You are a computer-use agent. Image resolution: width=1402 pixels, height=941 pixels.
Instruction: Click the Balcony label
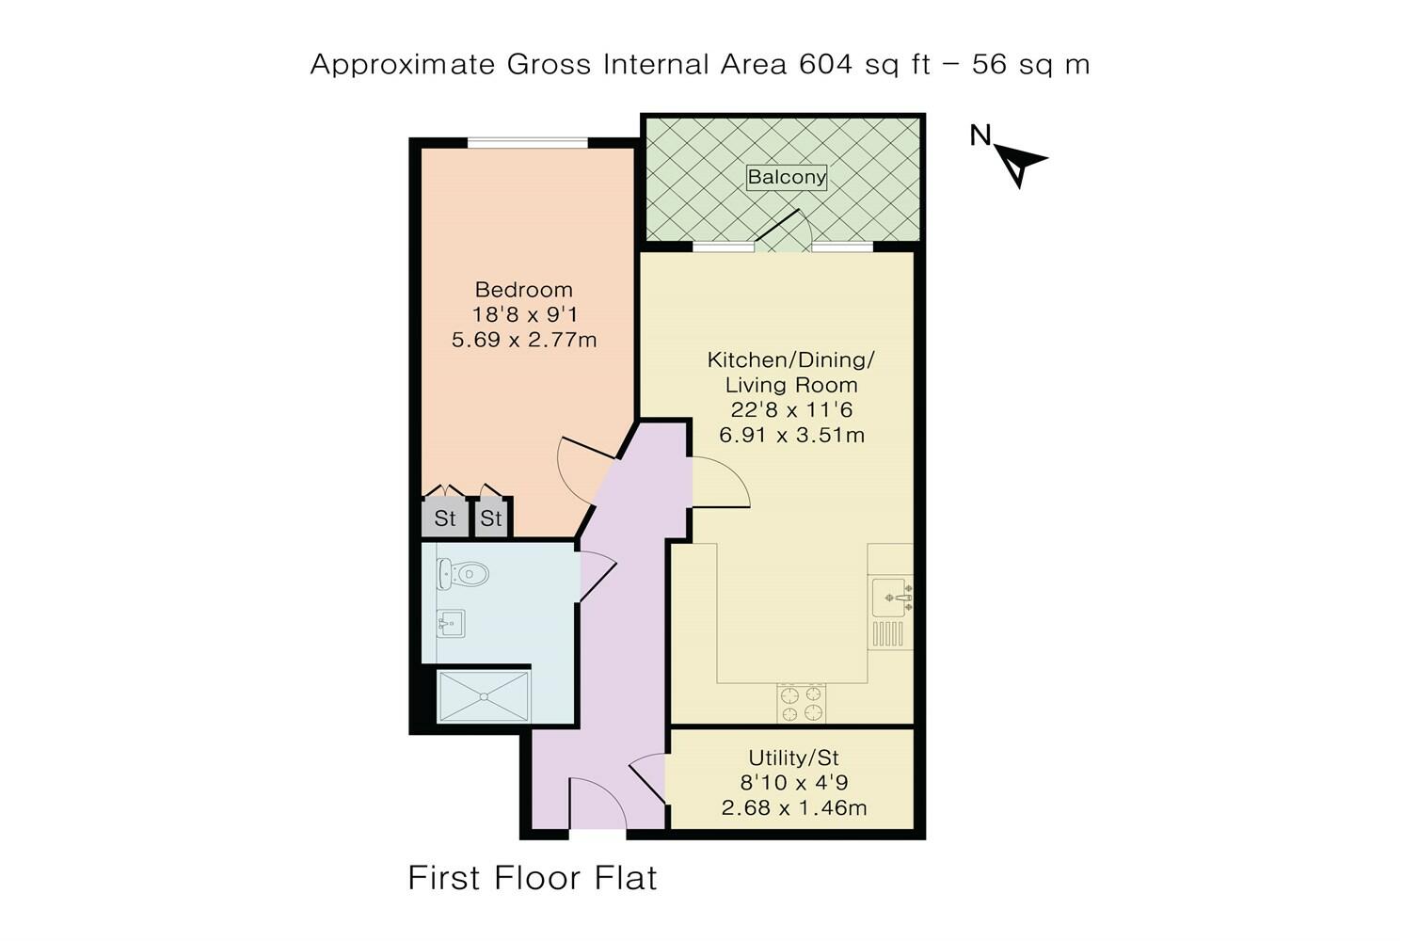tap(787, 177)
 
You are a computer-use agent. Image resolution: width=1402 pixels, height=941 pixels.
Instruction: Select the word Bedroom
tap(523, 290)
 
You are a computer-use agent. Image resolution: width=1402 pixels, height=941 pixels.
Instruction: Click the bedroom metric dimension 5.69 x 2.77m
tap(524, 340)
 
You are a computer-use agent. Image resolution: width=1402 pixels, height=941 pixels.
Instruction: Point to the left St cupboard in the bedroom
tap(444, 518)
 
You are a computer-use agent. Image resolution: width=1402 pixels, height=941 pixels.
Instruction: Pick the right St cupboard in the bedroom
tap(491, 518)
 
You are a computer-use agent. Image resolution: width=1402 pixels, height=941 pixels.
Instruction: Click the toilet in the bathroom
tap(464, 572)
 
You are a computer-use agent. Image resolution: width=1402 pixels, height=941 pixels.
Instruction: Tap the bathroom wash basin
tap(452, 624)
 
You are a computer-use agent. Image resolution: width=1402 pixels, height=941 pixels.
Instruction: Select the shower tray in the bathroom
tap(484, 695)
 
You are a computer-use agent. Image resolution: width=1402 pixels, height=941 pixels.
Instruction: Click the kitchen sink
tap(889, 598)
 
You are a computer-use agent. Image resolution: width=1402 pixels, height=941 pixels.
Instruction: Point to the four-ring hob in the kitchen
tap(801, 703)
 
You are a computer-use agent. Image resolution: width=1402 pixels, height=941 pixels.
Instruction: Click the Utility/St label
tap(793, 758)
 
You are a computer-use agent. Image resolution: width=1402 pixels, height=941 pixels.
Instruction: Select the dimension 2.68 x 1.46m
tap(793, 808)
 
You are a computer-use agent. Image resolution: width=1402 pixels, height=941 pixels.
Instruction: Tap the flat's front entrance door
tap(597, 806)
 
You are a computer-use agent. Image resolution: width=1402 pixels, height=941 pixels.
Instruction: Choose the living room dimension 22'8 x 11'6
tap(791, 410)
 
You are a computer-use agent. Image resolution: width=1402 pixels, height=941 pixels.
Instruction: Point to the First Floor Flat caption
tap(532, 878)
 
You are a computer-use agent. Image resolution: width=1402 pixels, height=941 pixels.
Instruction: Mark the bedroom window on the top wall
tap(527, 143)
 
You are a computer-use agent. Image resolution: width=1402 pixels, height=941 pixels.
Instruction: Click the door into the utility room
tap(649, 779)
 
